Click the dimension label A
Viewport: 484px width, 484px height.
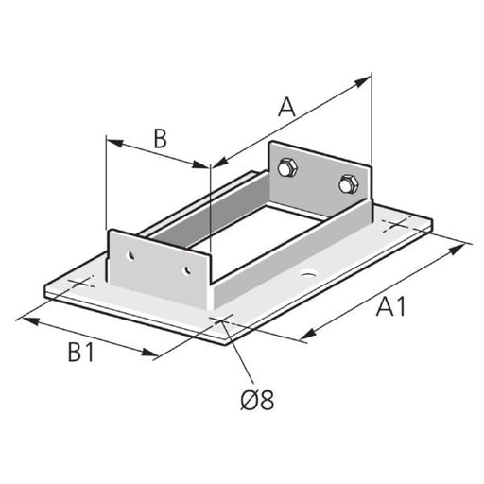coord(285,108)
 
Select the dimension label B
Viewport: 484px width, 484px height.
coord(160,139)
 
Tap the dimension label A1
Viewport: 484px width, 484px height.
coord(393,307)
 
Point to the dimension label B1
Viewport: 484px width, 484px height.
coord(80,353)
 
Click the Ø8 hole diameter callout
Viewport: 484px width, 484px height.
coord(256,400)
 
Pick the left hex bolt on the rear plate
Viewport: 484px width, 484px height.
coord(286,169)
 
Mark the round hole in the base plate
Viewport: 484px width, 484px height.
coord(306,274)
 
